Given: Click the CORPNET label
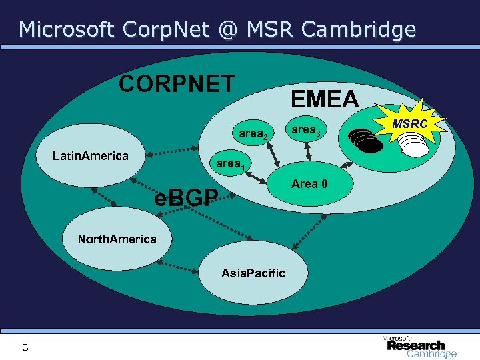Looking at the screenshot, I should click(x=176, y=85).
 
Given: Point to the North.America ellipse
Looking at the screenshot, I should click(x=117, y=239).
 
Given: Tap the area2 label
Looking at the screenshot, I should click(x=253, y=134).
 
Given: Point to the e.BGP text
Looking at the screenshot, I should click(x=186, y=197).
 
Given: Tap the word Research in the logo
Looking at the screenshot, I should click(x=415, y=345).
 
